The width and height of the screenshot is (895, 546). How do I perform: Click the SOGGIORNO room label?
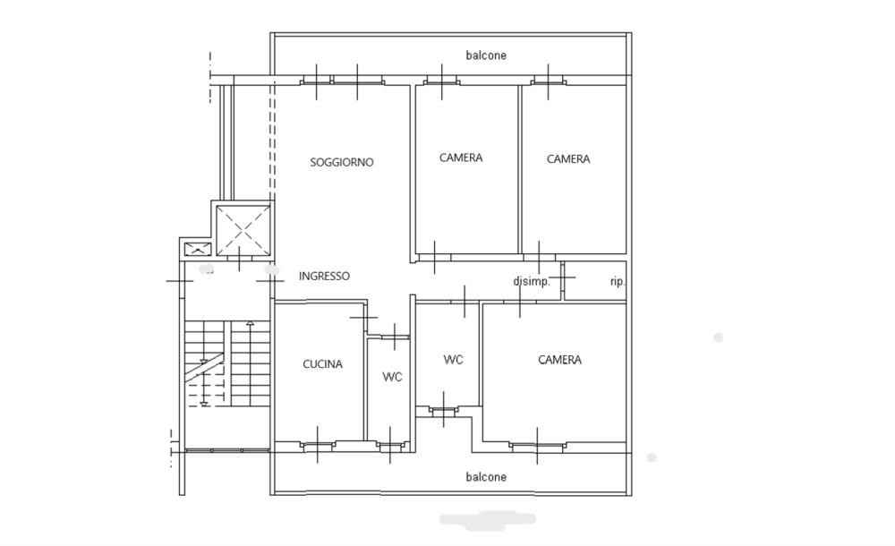[x=341, y=162]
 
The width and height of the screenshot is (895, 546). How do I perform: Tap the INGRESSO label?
[x=324, y=276]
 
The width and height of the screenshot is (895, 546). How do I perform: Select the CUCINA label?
[x=322, y=363]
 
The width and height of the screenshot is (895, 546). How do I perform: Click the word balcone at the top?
[x=486, y=55]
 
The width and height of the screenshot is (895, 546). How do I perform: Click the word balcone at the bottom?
[x=486, y=477]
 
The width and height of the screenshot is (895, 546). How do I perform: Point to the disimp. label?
[x=532, y=282]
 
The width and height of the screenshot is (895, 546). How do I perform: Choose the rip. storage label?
[x=618, y=282]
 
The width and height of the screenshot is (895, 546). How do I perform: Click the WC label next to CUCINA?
[x=392, y=377]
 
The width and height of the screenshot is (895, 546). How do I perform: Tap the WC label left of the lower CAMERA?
[x=453, y=360]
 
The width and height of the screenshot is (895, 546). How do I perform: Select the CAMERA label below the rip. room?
[x=559, y=360]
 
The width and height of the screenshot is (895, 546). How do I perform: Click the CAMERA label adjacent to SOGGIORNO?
[x=461, y=158]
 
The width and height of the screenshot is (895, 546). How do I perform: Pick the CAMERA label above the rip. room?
[x=568, y=158]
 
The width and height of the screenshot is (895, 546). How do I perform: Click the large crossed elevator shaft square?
[x=243, y=230]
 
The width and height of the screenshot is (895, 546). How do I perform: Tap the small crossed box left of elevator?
[x=198, y=249]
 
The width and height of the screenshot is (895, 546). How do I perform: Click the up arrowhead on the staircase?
[x=250, y=324]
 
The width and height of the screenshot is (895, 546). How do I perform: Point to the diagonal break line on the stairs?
[x=204, y=366]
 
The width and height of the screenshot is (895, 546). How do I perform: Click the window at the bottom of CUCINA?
[x=318, y=445]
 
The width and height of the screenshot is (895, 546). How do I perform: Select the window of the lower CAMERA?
[x=537, y=446]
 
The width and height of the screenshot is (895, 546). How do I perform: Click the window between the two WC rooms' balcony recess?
[x=444, y=409]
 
